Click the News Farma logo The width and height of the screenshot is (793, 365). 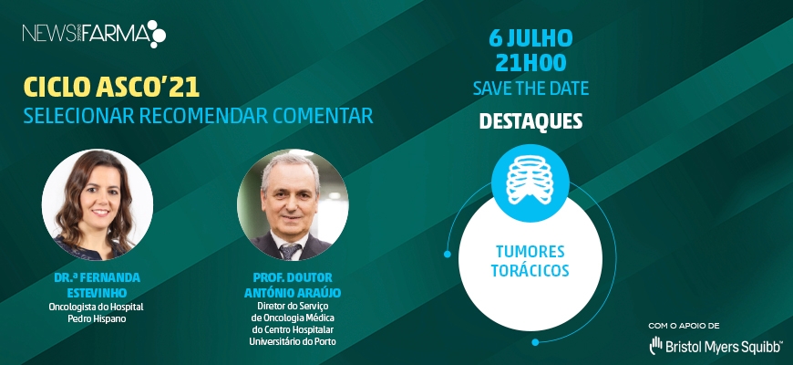click(x=94, y=34)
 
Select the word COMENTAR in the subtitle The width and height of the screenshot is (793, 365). click(x=324, y=116)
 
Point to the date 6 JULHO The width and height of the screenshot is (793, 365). click(x=530, y=38)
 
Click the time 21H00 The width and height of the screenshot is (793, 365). click(x=530, y=63)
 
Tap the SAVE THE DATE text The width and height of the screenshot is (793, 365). click(x=531, y=89)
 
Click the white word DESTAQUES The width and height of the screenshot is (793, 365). click(x=530, y=121)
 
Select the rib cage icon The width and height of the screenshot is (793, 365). click(x=530, y=179)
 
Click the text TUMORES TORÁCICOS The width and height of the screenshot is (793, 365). click(x=530, y=261)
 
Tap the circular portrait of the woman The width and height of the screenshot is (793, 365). click(x=98, y=204)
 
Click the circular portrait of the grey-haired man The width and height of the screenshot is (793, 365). click(x=293, y=204)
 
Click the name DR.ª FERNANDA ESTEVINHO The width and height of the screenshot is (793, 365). click(x=98, y=286)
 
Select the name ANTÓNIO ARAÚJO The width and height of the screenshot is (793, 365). click(x=293, y=294)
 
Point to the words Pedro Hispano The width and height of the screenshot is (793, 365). click(x=96, y=318)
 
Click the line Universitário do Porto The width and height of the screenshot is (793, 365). click(x=293, y=341)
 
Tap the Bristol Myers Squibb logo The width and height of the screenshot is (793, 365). click(x=716, y=346)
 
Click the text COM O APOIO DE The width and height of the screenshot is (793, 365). click(x=685, y=326)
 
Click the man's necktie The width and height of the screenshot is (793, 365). click(x=290, y=251)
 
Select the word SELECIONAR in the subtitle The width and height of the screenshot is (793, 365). click(x=79, y=116)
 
